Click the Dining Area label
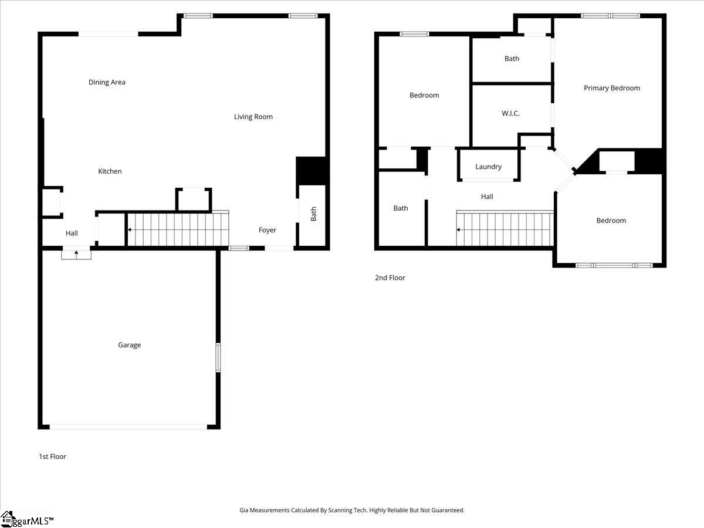click(107, 82)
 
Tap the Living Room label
click(253, 117)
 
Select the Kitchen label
click(110, 171)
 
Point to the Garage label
click(129, 345)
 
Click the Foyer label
click(267, 230)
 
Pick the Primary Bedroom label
click(612, 88)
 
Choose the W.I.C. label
click(510, 113)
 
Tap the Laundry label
click(488, 167)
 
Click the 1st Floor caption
click(52, 456)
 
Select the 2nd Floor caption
click(390, 277)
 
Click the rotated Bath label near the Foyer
click(313, 214)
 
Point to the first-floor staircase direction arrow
click(129, 229)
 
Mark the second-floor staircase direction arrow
click(458, 229)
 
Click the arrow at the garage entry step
click(76, 255)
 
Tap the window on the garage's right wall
click(218, 357)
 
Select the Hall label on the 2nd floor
click(487, 197)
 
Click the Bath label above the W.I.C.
click(512, 59)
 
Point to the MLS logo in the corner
click(26, 520)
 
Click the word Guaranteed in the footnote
click(448, 510)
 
